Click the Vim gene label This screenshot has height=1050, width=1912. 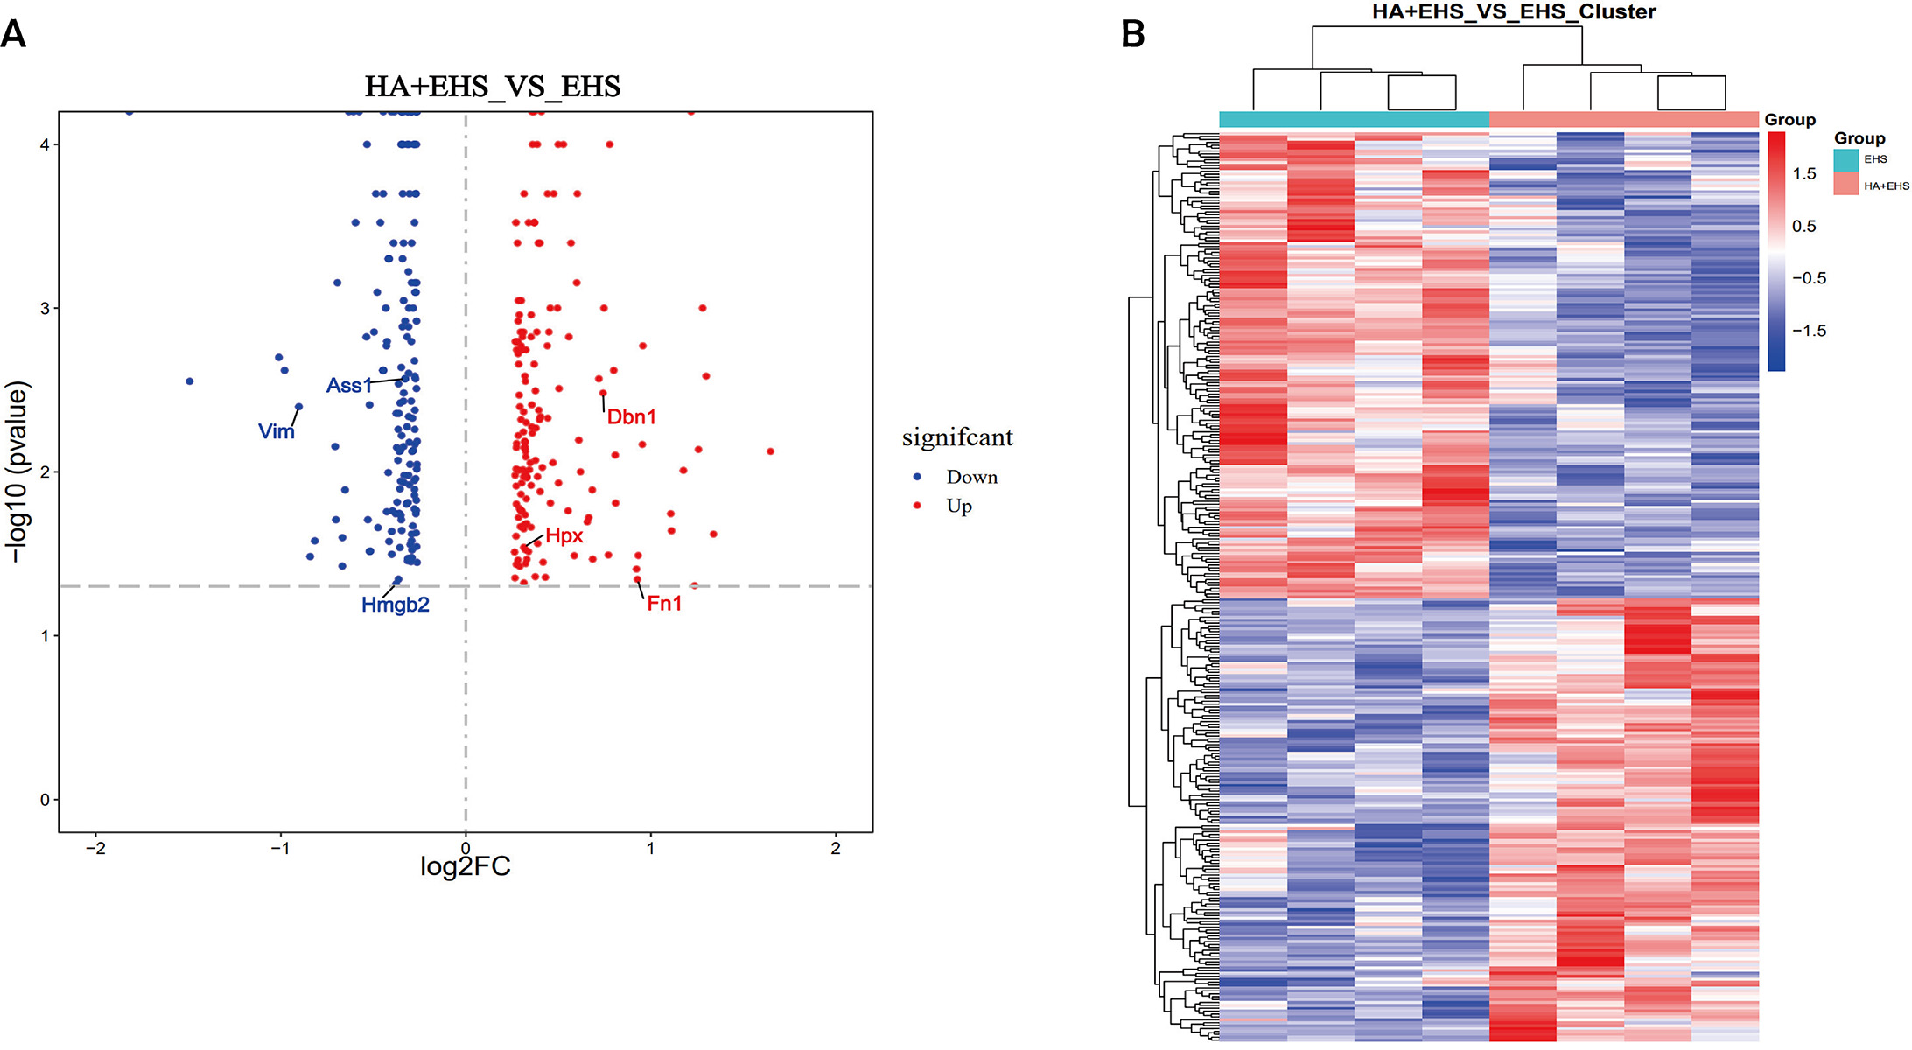276,431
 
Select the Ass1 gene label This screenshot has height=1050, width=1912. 348,386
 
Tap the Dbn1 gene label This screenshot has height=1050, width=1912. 631,417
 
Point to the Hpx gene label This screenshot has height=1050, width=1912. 564,536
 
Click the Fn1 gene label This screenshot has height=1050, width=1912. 664,604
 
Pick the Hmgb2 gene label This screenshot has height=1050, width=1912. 395,605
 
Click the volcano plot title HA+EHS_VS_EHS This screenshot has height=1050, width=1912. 493,87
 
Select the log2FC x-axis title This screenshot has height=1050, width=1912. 465,867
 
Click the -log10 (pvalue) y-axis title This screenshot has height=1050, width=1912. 17,472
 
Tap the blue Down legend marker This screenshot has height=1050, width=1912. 917,477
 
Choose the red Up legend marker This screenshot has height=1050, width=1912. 917,506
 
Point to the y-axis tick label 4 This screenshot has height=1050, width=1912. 44,144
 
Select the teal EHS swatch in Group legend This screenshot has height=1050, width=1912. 1845,159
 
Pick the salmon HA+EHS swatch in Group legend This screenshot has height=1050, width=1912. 1845,184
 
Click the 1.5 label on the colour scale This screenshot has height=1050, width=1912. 1803,174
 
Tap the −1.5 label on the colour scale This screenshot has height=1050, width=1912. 1808,331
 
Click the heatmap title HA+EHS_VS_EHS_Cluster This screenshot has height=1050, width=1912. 1514,12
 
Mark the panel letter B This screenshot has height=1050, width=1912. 1132,35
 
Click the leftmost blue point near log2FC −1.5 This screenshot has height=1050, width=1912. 189,381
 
